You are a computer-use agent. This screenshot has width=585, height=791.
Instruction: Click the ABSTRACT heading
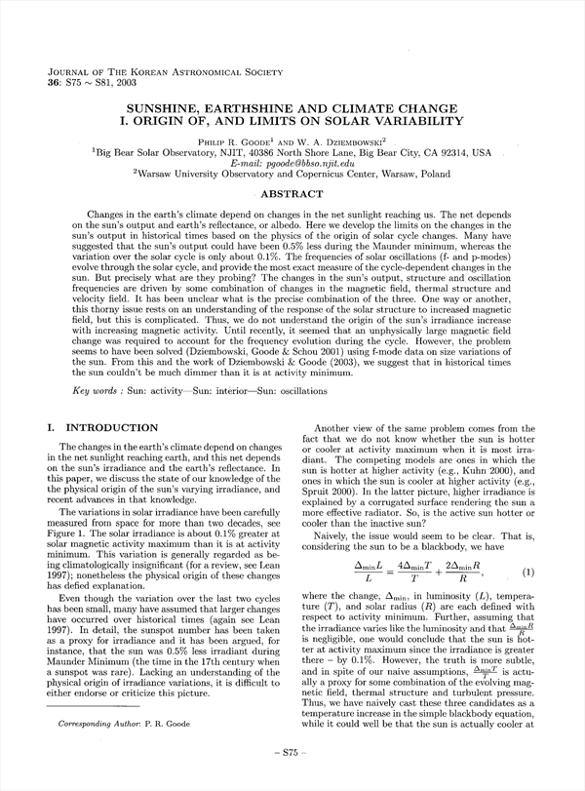[x=292, y=194]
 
